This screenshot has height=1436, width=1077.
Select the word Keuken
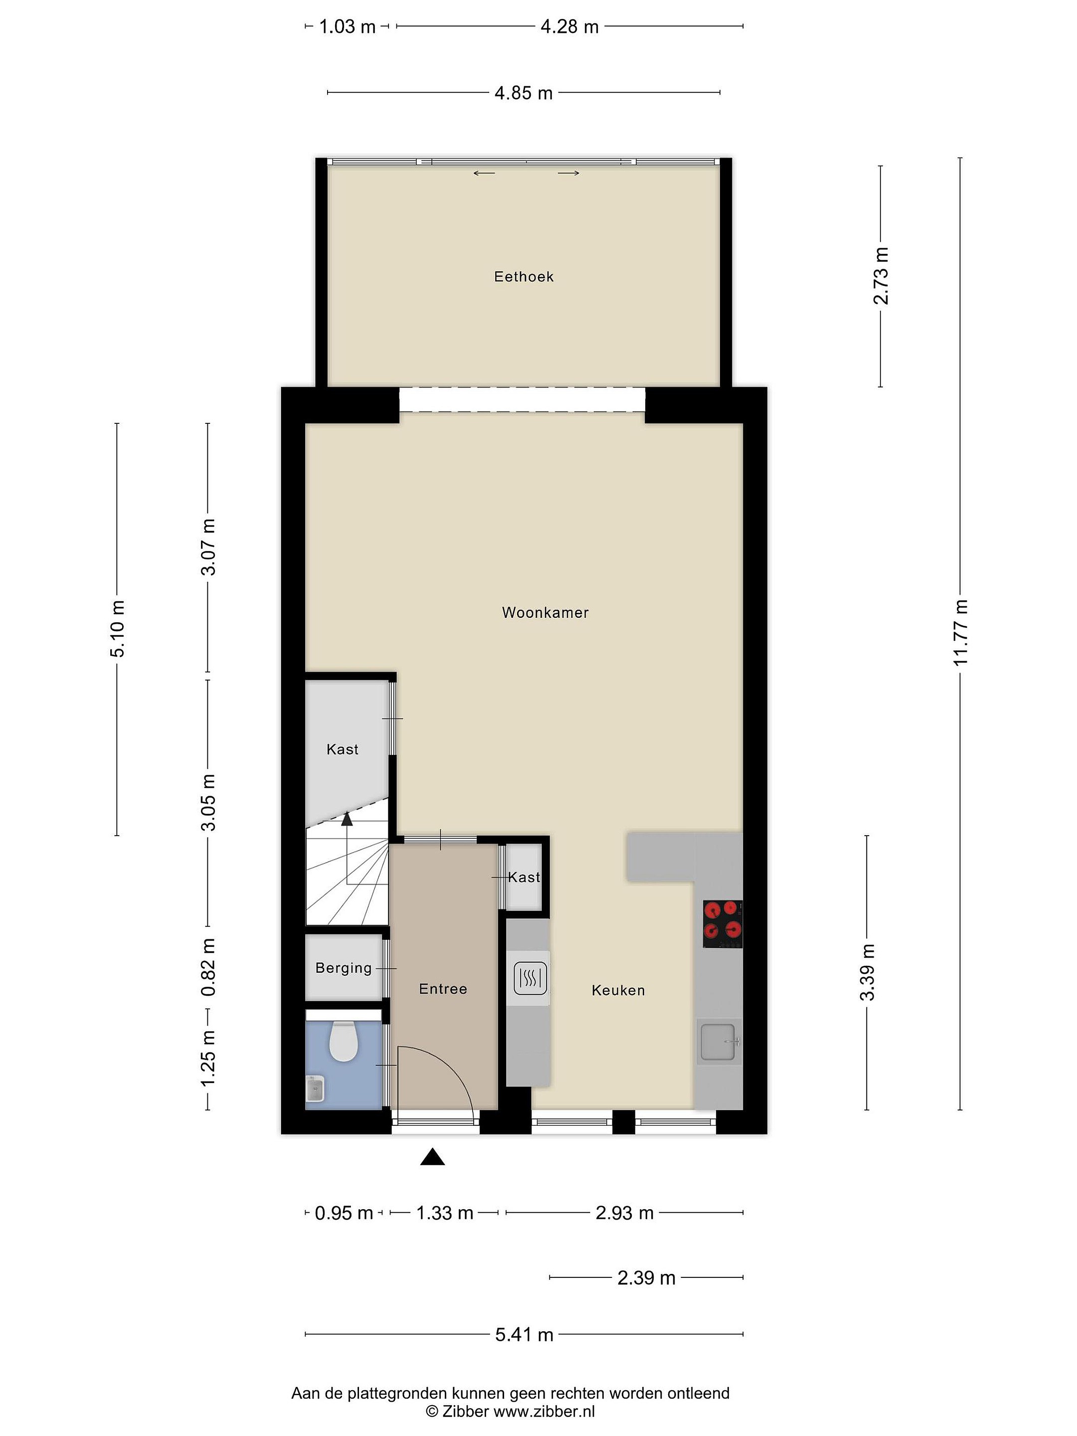coord(618,990)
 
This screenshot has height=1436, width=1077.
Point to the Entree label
coord(443,989)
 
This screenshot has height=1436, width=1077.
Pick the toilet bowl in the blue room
coord(344,1041)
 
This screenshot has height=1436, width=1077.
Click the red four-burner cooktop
coord(722,924)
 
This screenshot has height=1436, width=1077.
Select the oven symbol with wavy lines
coord(530,978)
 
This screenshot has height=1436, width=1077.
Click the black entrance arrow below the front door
coord(432,1157)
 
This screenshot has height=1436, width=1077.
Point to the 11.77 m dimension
coord(961,632)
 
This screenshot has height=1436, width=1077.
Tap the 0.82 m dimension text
coord(208,967)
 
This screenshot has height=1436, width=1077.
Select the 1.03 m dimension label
coord(348,26)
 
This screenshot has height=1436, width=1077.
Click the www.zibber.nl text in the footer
coord(544,1411)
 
